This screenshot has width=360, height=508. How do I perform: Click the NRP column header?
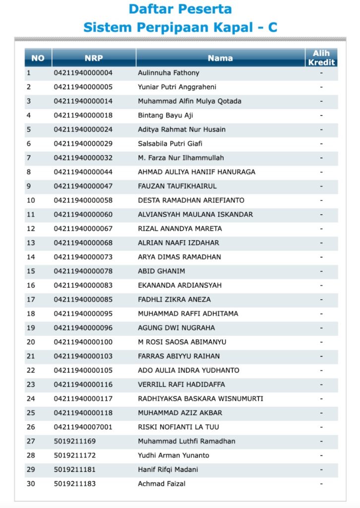click(94, 58)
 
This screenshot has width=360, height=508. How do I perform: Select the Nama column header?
click(220, 58)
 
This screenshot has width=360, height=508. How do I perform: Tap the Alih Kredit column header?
click(321, 58)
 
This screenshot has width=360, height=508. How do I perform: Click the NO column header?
click(38, 58)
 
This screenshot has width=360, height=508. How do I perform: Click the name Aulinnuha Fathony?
click(169, 73)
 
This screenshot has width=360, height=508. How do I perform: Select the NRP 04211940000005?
click(83, 87)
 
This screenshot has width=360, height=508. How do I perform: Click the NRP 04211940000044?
click(83, 172)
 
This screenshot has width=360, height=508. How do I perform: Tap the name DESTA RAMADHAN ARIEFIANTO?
click(191, 200)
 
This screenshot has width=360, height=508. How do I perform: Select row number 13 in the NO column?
click(31, 243)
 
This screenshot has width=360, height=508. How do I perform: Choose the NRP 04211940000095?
click(83, 314)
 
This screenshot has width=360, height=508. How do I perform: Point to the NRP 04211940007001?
click(83, 427)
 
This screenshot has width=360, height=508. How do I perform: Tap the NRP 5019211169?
click(75, 441)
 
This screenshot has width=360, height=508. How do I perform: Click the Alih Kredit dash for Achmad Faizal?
click(321, 484)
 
